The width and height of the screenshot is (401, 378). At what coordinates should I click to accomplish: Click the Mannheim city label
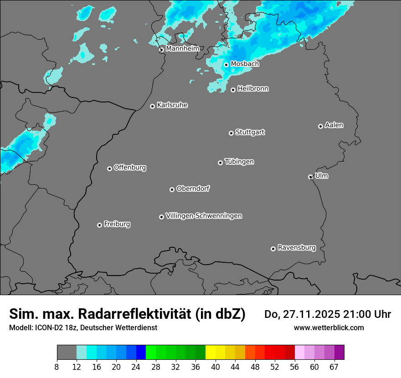pyautogui.click(x=182, y=49)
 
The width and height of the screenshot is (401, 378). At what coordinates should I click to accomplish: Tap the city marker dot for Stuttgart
pyautogui.click(x=231, y=133)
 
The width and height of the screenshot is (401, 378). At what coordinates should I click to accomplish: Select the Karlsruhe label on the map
pyautogui.click(x=172, y=105)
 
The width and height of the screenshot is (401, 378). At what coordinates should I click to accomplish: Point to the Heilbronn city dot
pyautogui.click(x=233, y=90)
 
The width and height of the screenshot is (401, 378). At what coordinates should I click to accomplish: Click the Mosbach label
pyautogui.click(x=245, y=64)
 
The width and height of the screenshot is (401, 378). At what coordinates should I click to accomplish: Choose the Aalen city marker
pyautogui.click(x=320, y=126)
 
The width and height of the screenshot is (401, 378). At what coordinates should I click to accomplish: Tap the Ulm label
pyautogui.click(x=321, y=176)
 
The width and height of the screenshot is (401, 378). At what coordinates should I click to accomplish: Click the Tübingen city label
pyautogui.click(x=239, y=162)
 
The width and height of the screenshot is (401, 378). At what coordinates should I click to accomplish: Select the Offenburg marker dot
pyautogui.click(x=109, y=169)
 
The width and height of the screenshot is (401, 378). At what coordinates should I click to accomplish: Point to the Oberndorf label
pyautogui.click(x=193, y=189)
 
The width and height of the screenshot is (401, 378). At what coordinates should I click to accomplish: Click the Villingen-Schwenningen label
pyautogui.click(x=204, y=216)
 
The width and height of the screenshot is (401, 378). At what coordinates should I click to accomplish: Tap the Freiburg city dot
pyautogui.click(x=99, y=225)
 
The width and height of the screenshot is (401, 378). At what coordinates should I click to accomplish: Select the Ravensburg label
pyautogui.click(x=297, y=248)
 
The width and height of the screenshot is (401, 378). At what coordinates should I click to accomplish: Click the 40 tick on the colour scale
pyautogui.click(x=216, y=367)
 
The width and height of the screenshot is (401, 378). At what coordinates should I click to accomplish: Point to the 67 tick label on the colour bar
pyautogui.click(x=334, y=367)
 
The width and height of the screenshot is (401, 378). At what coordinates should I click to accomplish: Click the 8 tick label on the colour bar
pyautogui.click(x=57, y=367)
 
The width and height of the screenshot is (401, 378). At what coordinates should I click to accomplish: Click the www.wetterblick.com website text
pyautogui.click(x=329, y=327)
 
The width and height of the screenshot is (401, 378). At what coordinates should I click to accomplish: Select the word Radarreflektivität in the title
pyautogui.click(x=134, y=314)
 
